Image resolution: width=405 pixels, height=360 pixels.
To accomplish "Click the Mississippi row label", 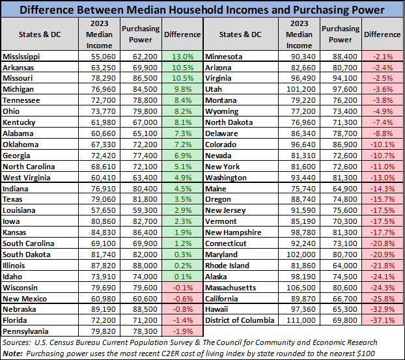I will pyautogui.click(x=21, y=57).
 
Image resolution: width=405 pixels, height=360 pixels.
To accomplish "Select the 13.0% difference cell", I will pyautogui.click(x=182, y=57).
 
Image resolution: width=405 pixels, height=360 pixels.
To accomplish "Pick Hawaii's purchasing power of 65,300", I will pyautogui.click(x=341, y=310).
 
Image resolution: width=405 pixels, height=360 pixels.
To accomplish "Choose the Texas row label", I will pyautogui.click(x=13, y=199).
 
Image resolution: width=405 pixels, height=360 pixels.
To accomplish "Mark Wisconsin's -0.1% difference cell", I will pyautogui.click(x=182, y=288).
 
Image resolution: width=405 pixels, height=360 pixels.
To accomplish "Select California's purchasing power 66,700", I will pyautogui.click(x=341, y=299).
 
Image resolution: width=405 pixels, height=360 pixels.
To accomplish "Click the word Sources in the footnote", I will pyautogui.click(x=18, y=342).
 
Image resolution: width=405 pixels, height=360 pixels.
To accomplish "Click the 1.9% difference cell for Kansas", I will pyautogui.click(x=182, y=232).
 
